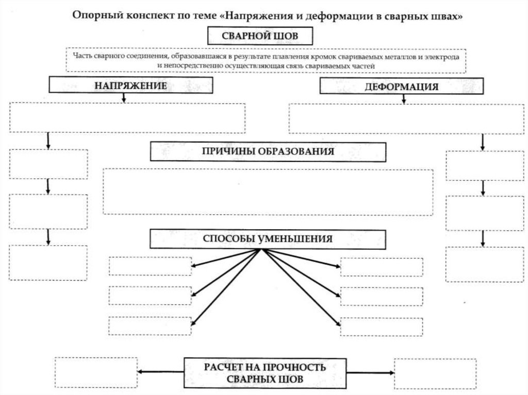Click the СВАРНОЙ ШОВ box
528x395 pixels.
click(x=260, y=36)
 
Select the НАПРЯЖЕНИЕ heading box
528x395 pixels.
click(x=130, y=85)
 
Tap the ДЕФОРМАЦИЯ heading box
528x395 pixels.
click(x=402, y=87)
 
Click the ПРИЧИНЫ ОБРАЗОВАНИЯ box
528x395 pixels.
click(x=268, y=151)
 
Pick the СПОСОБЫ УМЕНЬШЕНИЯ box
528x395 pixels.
click(x=268, y=239)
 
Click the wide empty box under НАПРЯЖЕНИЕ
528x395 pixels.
click(x=127, y=118)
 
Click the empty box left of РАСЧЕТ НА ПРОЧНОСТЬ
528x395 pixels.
click(x=96, y=372)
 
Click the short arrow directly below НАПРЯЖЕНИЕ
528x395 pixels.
click(x=124, y=98)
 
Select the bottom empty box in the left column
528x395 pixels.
click(x=48, y=263)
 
